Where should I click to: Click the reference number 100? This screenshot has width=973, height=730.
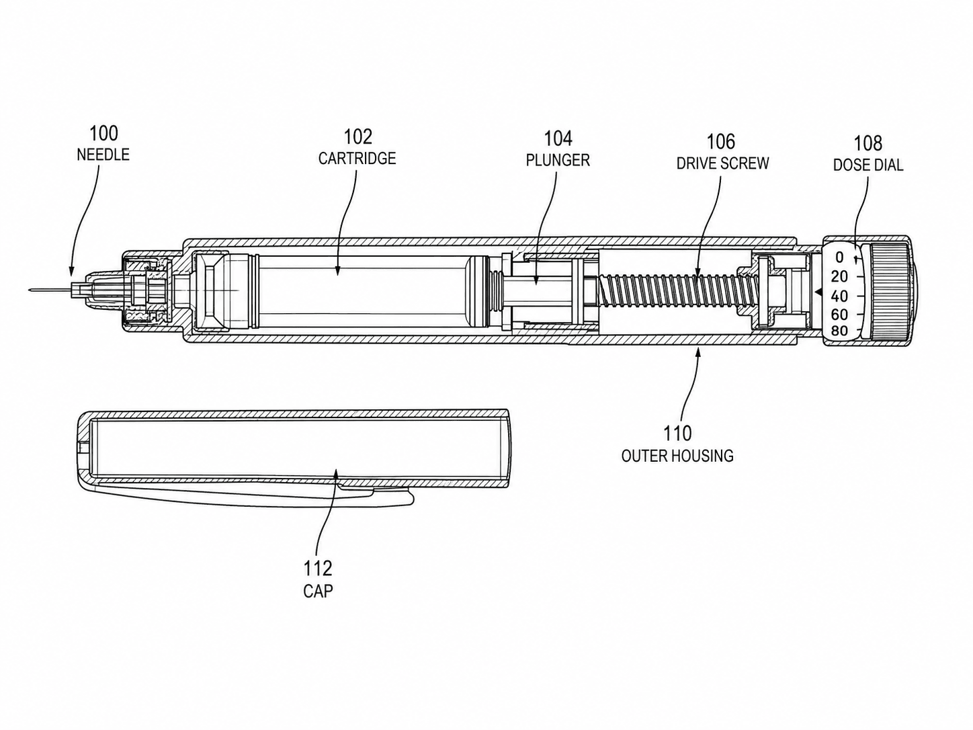click(x=103, y=133)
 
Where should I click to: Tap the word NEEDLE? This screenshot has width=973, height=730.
click(x=103, y=155)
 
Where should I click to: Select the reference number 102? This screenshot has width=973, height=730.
click(x=357, y=137)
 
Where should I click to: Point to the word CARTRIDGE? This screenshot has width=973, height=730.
click(x=357, y=159)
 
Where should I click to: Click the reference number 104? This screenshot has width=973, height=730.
click(x=558, y=138)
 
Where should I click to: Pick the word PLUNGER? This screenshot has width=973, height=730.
click(x=558, y=161)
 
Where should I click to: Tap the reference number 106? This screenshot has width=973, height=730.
click(x=721, y=142)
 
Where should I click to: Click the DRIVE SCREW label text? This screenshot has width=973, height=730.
click(x=722, y=163)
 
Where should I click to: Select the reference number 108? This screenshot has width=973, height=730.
click(x=868, y=144)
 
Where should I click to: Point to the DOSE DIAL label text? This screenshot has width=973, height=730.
click(x=868, y=165)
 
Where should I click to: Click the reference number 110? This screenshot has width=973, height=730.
click(x=677, y=434)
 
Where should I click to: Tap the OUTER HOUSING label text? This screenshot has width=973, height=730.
click(x=677, y=456)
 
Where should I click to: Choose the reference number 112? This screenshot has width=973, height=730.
click(x=318, y=569)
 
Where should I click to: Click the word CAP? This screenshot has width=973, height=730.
click(x=318, y=592)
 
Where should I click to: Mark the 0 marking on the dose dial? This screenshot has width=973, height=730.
click(x=839, y=257)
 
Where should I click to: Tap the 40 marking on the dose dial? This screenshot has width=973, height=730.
click(x=839, y=296)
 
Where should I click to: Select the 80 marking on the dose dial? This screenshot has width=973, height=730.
click(x=839, y=330)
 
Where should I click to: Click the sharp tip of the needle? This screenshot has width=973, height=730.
click(x=28, y=291)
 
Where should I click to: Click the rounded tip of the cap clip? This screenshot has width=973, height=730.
click(x=412, y=498)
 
